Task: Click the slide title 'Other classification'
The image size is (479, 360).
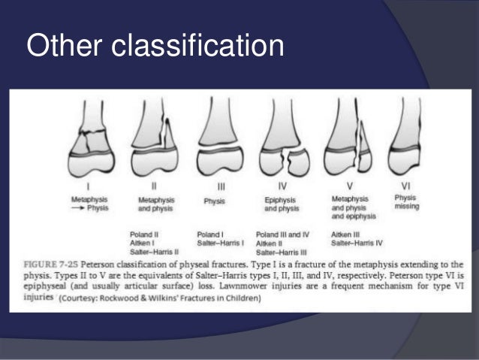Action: click(155, 46)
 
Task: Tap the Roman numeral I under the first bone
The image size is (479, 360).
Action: click(90, 185)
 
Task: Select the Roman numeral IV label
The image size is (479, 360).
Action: click(282, 185)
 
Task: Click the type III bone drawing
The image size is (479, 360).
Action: click(218, 139)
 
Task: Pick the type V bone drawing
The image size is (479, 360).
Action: click(347, 139)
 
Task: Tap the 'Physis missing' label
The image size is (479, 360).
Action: click(406, 202)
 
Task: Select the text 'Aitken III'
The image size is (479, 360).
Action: click(345, 234)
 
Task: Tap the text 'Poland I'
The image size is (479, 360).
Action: click(210, 234)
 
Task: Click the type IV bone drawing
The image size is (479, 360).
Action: click(284, 139)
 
